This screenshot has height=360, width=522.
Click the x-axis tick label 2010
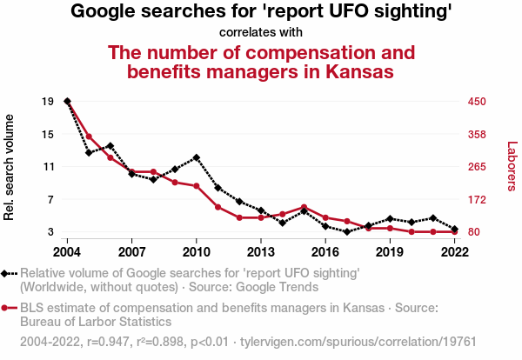(196, 251)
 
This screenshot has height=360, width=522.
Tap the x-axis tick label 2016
(325, 251)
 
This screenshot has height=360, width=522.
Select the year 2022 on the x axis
(455, 251)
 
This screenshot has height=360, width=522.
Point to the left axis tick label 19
(48, 101)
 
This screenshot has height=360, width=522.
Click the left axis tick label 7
(50, 199)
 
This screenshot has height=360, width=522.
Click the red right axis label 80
(475, 232)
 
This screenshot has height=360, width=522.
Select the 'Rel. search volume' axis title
(10, 166)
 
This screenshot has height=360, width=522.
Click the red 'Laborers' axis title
(512, 166)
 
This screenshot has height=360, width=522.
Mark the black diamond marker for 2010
(197, 157)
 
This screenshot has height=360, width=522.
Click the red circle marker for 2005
(89, 137)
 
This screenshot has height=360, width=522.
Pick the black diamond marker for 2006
(110, 145)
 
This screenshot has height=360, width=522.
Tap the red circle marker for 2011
(217, 207)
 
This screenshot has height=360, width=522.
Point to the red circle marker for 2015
(304, 207)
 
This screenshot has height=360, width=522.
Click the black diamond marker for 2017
(347, 231)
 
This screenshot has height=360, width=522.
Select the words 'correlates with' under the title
(261, 33)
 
